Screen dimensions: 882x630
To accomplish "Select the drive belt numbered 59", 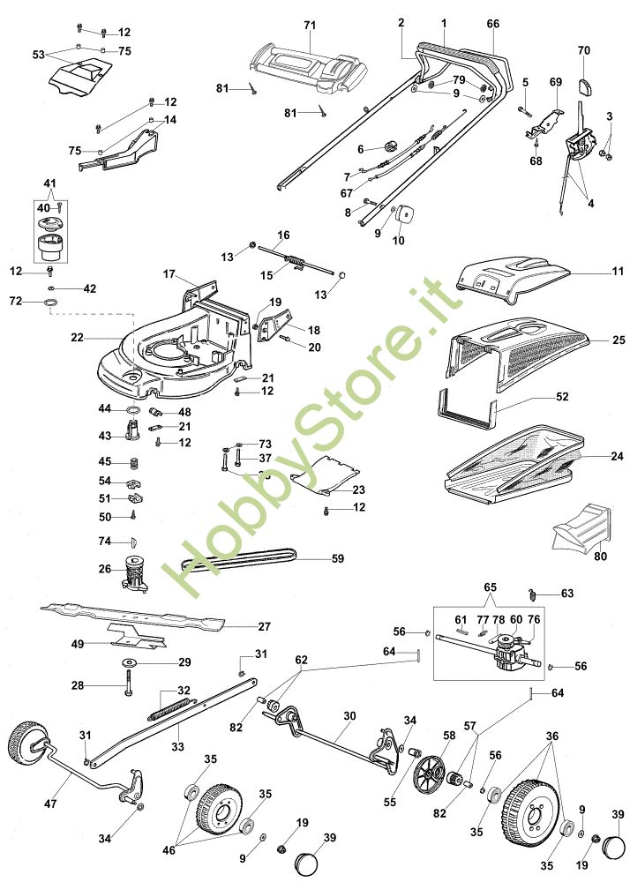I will click(238, 559).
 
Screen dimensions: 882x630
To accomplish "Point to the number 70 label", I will click(583, 50).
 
